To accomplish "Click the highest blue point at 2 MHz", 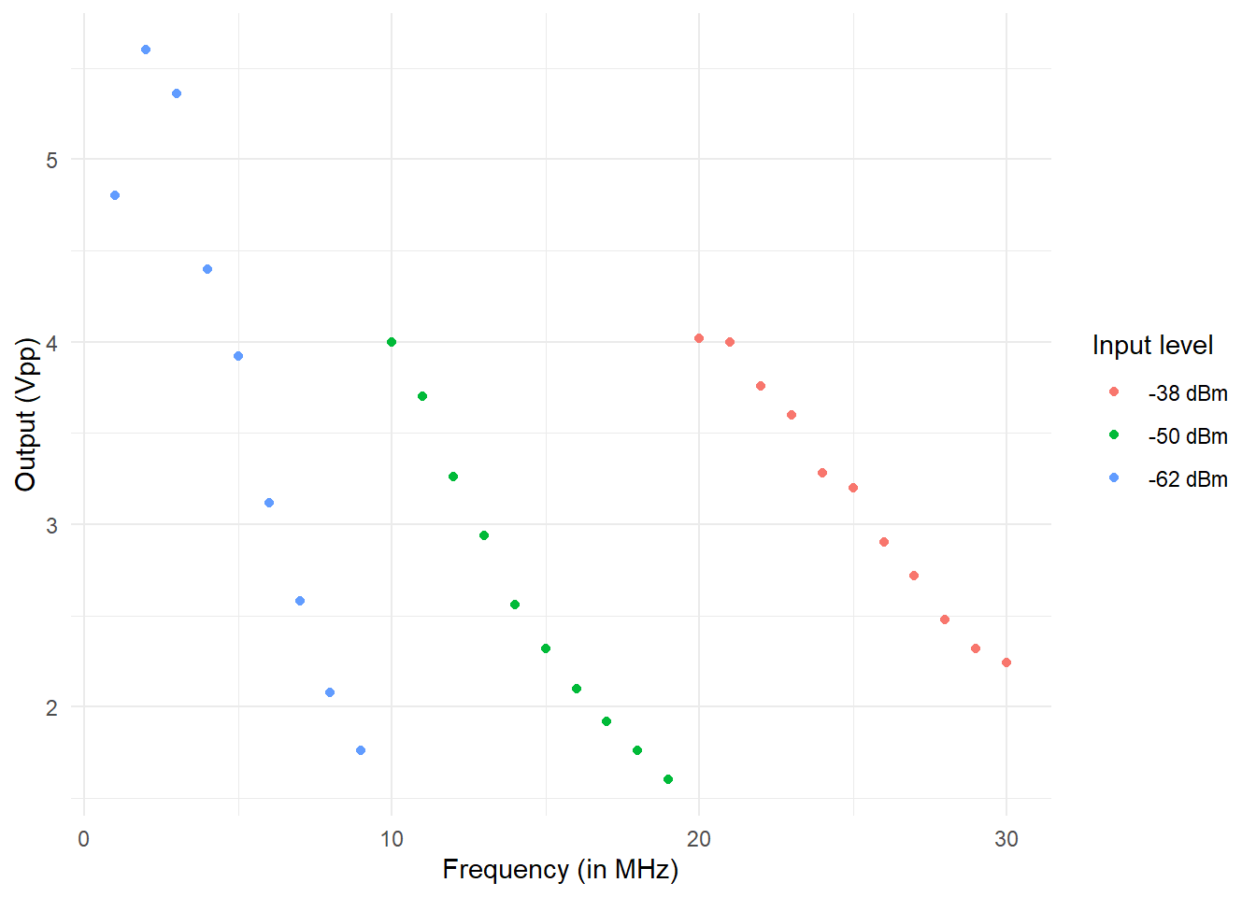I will pos(146,50).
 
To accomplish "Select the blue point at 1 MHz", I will pos(115,195).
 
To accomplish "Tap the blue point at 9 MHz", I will pos(361,750).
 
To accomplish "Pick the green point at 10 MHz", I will pos(392,342).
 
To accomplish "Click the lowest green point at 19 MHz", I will pos(668,779).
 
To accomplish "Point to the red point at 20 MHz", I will pos(699,338).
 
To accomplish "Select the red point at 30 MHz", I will pos(1006,662).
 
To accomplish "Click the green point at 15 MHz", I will pos(546,648).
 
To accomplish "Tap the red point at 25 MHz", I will pos(853,488).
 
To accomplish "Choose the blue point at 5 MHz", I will pos(238,356).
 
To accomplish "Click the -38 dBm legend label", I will pos(1188,393).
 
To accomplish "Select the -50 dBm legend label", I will pos(1188,436).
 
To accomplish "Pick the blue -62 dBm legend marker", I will pos(1114,478).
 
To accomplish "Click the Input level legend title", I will pos(1152,346).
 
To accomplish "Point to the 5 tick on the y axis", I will pos(51,160).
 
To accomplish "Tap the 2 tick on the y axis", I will pos(51,707).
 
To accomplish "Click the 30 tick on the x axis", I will pos(1006,839).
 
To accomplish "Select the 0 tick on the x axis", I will pos(84,839).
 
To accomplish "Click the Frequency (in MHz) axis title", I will pos(560,870).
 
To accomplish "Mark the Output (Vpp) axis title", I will pos(25,415).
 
